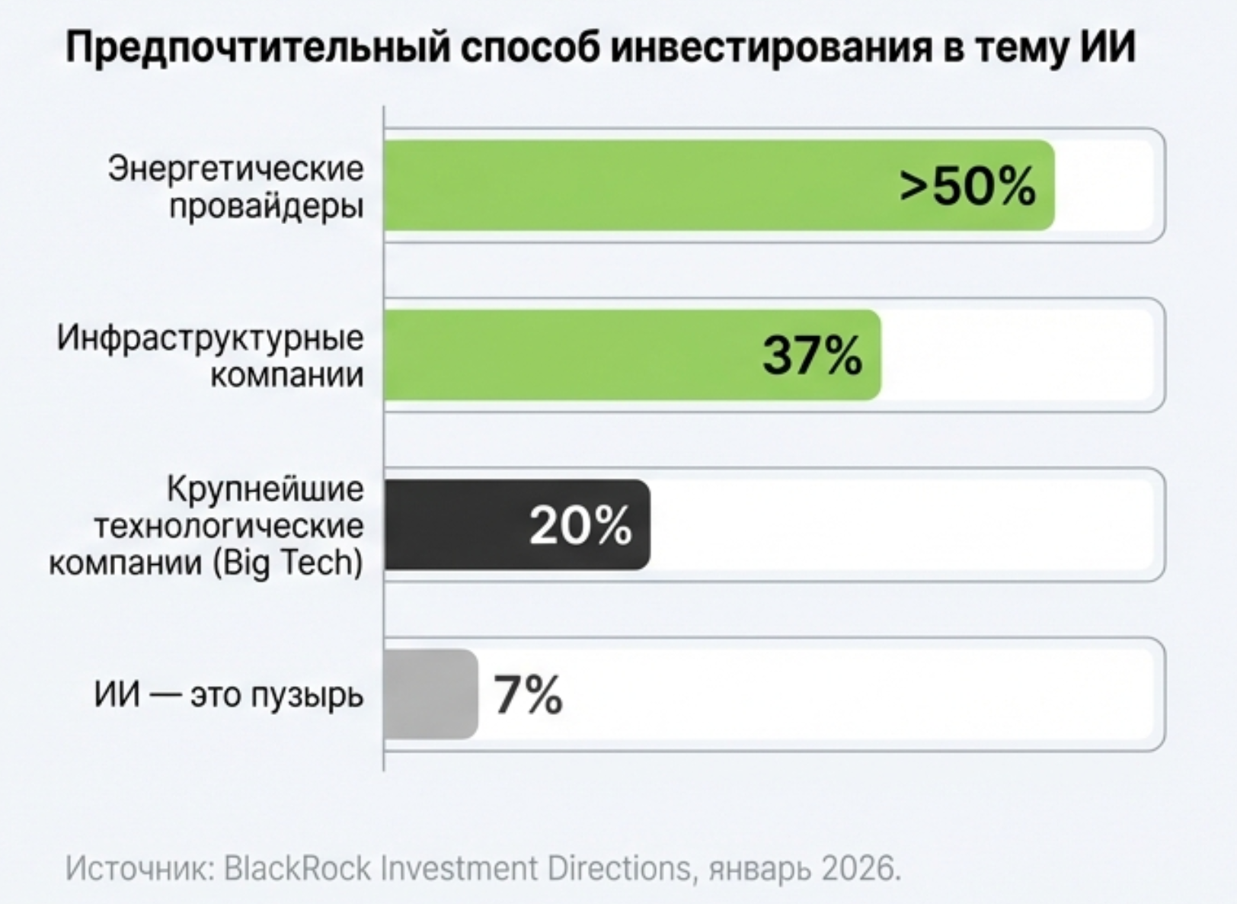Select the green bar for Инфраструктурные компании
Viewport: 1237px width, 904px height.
571,355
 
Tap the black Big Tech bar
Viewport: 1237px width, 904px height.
457,525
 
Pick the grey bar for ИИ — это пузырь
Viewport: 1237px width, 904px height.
430,694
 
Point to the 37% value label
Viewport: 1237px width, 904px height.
813,355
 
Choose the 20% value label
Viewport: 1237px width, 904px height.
580,525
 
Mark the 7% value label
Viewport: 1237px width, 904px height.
528,694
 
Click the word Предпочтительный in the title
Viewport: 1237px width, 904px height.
259,47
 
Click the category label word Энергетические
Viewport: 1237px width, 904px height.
236,168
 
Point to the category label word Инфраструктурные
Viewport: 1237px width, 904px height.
211,338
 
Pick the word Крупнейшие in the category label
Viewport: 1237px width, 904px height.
265,489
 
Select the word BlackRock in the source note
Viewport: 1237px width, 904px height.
297,868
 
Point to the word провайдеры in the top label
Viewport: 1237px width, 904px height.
267,206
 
